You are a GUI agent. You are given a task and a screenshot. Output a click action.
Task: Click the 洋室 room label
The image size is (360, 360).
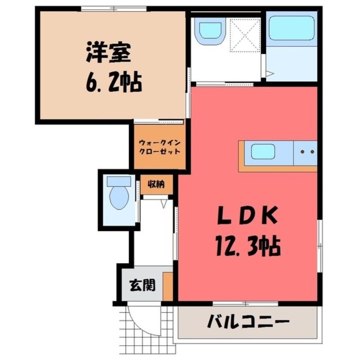click(108, 53)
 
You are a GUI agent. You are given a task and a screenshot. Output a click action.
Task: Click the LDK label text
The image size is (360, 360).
click(247, 215)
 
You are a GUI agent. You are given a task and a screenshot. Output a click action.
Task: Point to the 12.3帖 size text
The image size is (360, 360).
click(248, 245)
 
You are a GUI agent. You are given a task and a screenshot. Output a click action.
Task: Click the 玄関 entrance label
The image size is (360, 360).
click(143, 285)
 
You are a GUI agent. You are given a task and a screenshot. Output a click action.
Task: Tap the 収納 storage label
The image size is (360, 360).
click(156, 184)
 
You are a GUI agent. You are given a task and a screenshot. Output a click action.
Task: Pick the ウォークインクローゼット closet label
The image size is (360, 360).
click(160, 147)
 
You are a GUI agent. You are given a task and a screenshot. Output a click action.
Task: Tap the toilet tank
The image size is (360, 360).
click(119, 181)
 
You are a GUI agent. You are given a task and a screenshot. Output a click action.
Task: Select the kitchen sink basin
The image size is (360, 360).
click(263, 152)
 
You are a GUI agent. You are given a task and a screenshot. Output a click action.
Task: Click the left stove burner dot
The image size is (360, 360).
click(302, 152)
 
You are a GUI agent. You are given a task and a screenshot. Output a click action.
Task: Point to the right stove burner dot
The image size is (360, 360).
click(312, 152)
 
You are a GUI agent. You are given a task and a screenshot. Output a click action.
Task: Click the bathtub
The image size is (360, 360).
click(291, 28)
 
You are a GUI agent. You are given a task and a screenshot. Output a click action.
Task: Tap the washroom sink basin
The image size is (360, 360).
click(211, 30)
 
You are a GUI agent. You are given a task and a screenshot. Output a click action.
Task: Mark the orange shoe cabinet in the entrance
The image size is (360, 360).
click(168, 286)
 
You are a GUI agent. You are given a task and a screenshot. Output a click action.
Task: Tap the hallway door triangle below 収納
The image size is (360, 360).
click(164, 204)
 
